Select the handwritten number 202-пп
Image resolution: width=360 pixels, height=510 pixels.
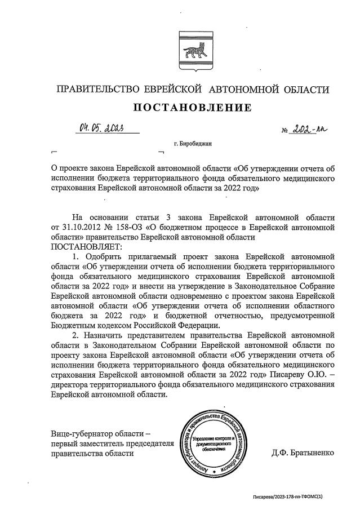[x=309, y=130]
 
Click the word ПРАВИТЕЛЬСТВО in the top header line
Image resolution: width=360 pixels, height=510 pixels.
[x=95, y=90]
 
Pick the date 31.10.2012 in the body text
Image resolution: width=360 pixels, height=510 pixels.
[x=81, y=228]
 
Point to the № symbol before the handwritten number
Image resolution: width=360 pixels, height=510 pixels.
[x=285, y=131]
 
